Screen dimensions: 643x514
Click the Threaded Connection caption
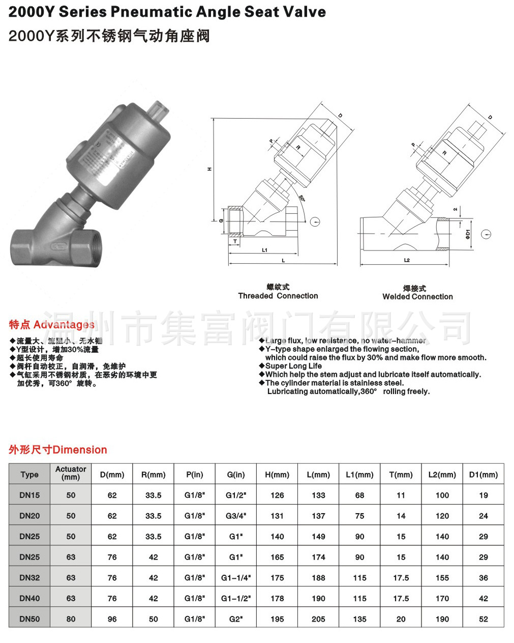[x=278, y=296]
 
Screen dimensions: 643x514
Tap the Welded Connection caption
[x=417, y=297]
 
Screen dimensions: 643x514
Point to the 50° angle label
[x=302, y=198]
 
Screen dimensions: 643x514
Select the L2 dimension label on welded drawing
[x=407, y=260]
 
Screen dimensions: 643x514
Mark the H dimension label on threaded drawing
[x=209, y=169]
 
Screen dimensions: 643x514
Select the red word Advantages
[x=64, y=325]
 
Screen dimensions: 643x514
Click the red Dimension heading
[x=80, y=450]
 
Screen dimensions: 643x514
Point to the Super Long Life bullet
[x=293, y=366]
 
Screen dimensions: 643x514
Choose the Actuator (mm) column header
[x=71, y=473]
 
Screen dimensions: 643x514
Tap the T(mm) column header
[x=401, y=474]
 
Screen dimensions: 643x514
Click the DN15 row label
[x=29, y=495]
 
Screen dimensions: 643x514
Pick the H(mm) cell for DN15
[x=277, y=495]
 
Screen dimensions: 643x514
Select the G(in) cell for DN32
[x=236, y=578]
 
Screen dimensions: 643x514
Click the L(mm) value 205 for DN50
[x=318, y=619]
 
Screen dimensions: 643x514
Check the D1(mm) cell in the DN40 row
[x=483, y=599]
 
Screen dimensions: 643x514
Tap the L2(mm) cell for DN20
[x=442, y=516]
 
